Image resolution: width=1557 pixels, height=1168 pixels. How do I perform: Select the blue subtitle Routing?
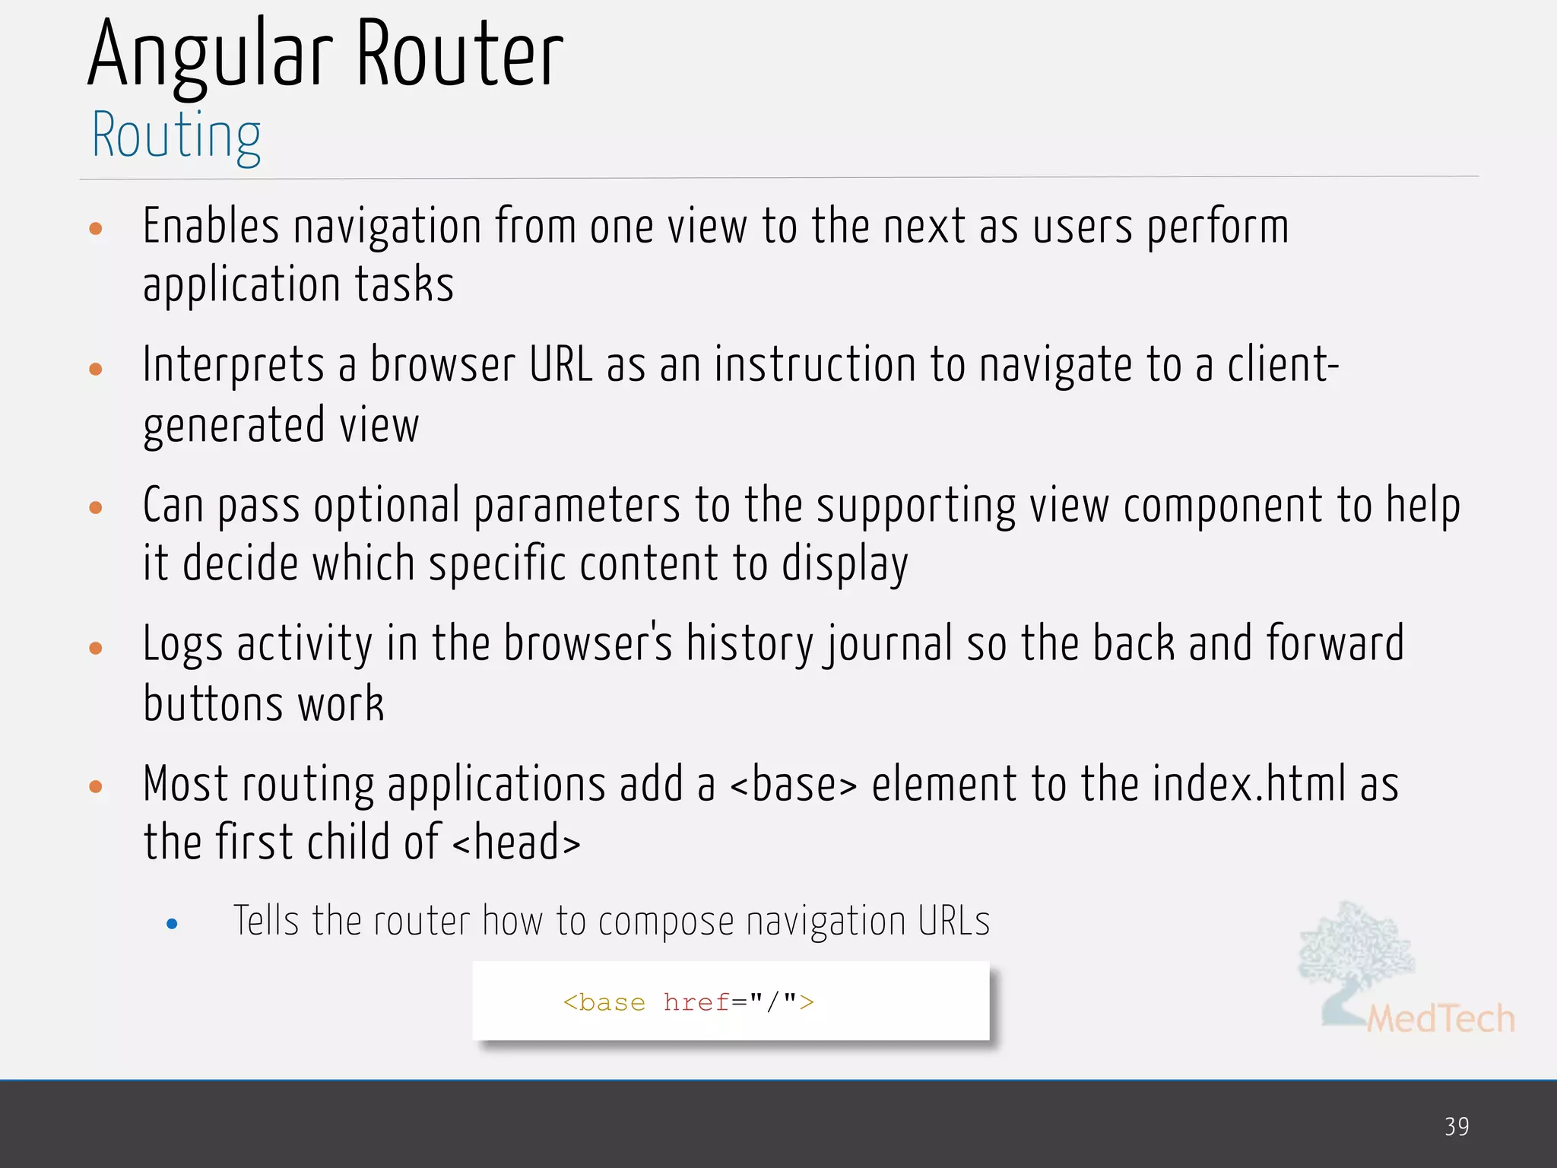[x=176, y=135]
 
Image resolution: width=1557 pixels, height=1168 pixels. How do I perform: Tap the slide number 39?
[x=1457, y=1126]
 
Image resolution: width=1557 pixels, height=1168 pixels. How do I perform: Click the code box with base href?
[x=731, y=1001]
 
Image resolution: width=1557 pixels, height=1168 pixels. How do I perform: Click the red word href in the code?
[x=696, y=1002]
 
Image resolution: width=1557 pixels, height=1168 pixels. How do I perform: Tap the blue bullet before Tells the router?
[x=172, y=924]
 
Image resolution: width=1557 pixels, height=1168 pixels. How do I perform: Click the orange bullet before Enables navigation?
[x=96, y=228]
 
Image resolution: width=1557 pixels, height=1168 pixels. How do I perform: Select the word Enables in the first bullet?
[x=211, y=227]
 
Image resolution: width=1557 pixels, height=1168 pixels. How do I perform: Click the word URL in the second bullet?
[x=560, y=365]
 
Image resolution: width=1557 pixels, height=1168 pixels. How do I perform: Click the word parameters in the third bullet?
[x=576, y=506]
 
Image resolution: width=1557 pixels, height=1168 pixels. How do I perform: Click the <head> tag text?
[x=516, y=843]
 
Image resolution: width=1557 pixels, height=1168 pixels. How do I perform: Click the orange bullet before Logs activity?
[x=96, y=648]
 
